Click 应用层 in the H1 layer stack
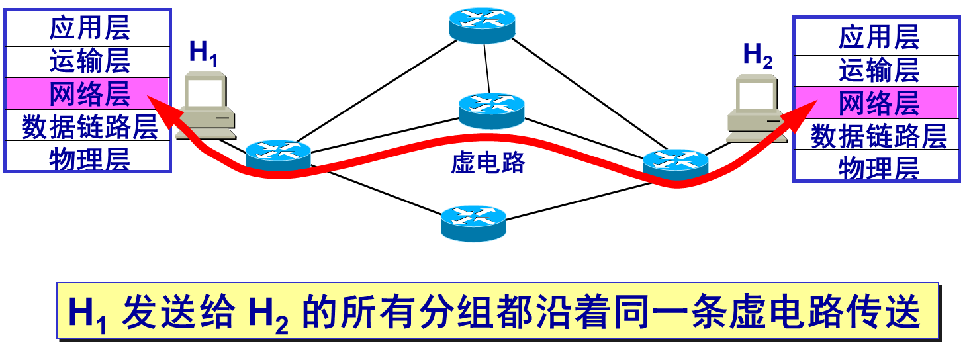89,30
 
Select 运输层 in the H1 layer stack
89,62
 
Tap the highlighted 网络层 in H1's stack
89,94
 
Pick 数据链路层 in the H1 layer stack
89,127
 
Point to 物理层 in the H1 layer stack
89,159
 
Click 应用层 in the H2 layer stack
879,38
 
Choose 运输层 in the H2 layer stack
879,70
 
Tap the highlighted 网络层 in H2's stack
879,103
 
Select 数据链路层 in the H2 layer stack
879,136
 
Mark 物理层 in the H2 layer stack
879,168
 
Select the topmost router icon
483,25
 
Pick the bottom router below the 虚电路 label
474,223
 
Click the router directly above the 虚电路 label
492,111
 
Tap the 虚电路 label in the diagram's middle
488,163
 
